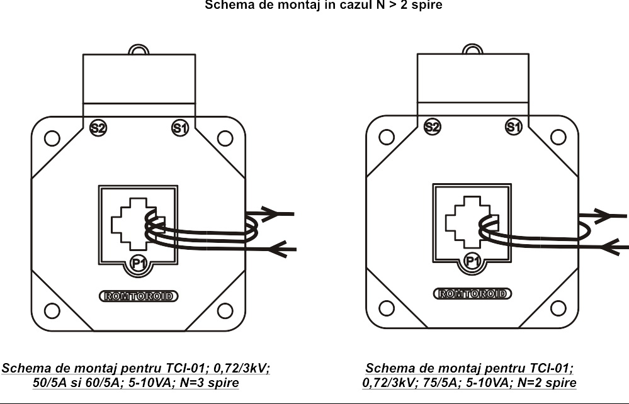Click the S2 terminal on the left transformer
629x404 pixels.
[x=98, y=128]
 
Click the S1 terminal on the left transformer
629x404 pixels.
[x=180, y=128]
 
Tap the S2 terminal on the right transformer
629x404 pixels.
[x=432, y=127]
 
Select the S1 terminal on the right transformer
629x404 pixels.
[x=514, y=127]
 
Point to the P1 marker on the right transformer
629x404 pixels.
[x=472, y=261]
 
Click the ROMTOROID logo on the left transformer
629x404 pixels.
[x=139, y=295]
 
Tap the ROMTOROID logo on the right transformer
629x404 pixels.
[x=473, y=293]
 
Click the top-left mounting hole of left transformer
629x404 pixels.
[x=52, y=137]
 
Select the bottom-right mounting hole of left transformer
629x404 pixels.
[x=225, y=310]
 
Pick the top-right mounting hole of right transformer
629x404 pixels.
[x=558, y=137]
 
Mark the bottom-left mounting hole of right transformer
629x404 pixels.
[x=387, y=308]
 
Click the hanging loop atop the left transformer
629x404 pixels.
[x=138, y=49]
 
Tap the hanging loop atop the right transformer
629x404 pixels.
[x=472, y=48]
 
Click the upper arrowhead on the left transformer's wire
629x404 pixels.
[x=269, y=214]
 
